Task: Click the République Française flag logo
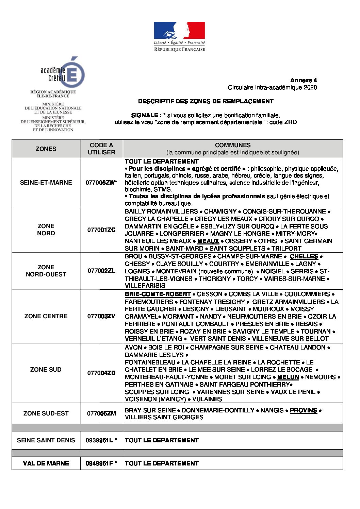(x=179, y=36)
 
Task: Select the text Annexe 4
(x=304, y=80)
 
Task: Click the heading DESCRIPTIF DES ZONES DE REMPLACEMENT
(x=206, y=101)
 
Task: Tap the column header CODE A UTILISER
(x=101, y=149)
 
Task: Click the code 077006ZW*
(x=101, y=183)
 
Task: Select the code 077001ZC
(x=101, y=230)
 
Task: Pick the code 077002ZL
(x=101, y=271)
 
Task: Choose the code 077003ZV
(x=101, y=316)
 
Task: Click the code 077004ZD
(x=101, y=373)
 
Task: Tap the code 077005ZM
(x=101, y=413)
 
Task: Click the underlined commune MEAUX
(x=208, y=241)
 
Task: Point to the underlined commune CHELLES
(x=304, y=256)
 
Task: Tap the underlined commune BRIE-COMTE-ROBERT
(x=158, y=294)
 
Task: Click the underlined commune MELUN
(x=288, y=377)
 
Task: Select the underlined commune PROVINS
(x=303, y=410)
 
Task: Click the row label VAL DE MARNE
(x=46, y=463)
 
